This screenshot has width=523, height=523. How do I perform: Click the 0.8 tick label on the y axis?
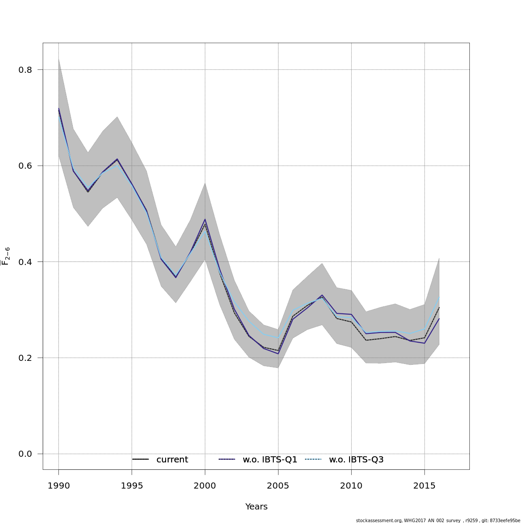tap(25, 70)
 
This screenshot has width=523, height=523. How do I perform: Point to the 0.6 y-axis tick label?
tap(25, 166)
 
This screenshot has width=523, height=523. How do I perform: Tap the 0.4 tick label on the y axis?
tap(25, 262)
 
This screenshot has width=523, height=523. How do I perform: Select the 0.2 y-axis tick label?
tap(25, 358)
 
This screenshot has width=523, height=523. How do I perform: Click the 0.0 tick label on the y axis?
tap(25, 454)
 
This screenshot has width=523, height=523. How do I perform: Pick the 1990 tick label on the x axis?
tap(58, 486)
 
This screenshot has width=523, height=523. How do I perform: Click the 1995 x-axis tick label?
tap(132, 486)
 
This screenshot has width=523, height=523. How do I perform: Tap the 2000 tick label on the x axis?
tap(205, 486)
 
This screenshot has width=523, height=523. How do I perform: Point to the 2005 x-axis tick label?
tap(278, 486)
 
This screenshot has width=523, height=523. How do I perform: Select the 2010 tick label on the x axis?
tap(351, 486)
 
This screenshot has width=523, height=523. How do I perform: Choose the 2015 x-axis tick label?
tap(425, 486)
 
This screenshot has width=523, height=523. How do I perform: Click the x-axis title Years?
tap(256, 507)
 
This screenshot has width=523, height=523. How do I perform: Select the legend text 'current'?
tap(172, 460)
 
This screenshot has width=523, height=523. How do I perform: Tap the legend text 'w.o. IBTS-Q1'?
tap(270, 460)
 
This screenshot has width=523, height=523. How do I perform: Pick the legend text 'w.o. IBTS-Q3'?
tap(356, 460)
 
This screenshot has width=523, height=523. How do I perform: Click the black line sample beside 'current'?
tap(140, 460)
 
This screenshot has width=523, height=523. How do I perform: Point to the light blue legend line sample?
tap(313, 460)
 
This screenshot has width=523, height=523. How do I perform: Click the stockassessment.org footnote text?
tap(438, 520)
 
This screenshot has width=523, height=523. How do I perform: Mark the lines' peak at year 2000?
tap(205, 221)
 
